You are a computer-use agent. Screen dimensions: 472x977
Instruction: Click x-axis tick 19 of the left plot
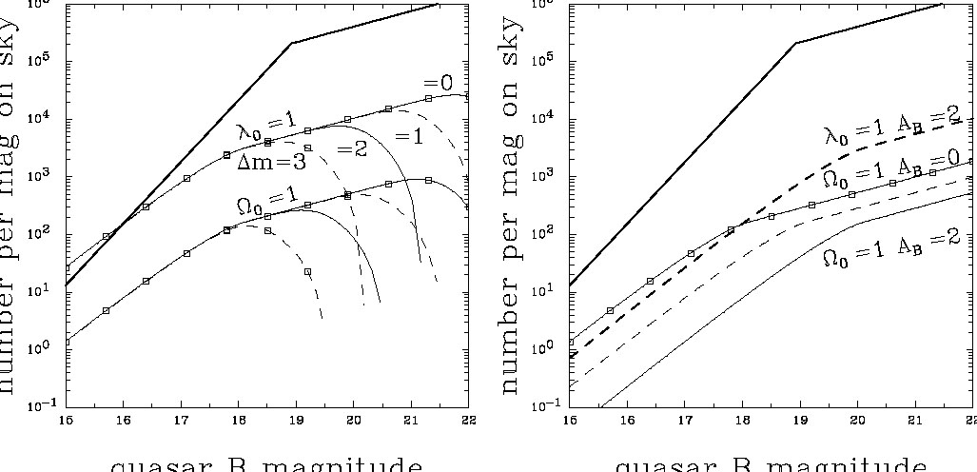point(293,418)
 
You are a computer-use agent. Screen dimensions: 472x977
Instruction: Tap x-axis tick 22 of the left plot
point(467,418)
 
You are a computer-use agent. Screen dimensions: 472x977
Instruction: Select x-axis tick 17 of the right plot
point(683,418)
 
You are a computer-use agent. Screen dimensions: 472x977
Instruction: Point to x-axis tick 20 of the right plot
point(856,418)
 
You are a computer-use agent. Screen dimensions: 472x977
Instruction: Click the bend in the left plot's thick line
point(292,43)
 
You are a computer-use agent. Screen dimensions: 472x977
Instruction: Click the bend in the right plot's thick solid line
point(796,43)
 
